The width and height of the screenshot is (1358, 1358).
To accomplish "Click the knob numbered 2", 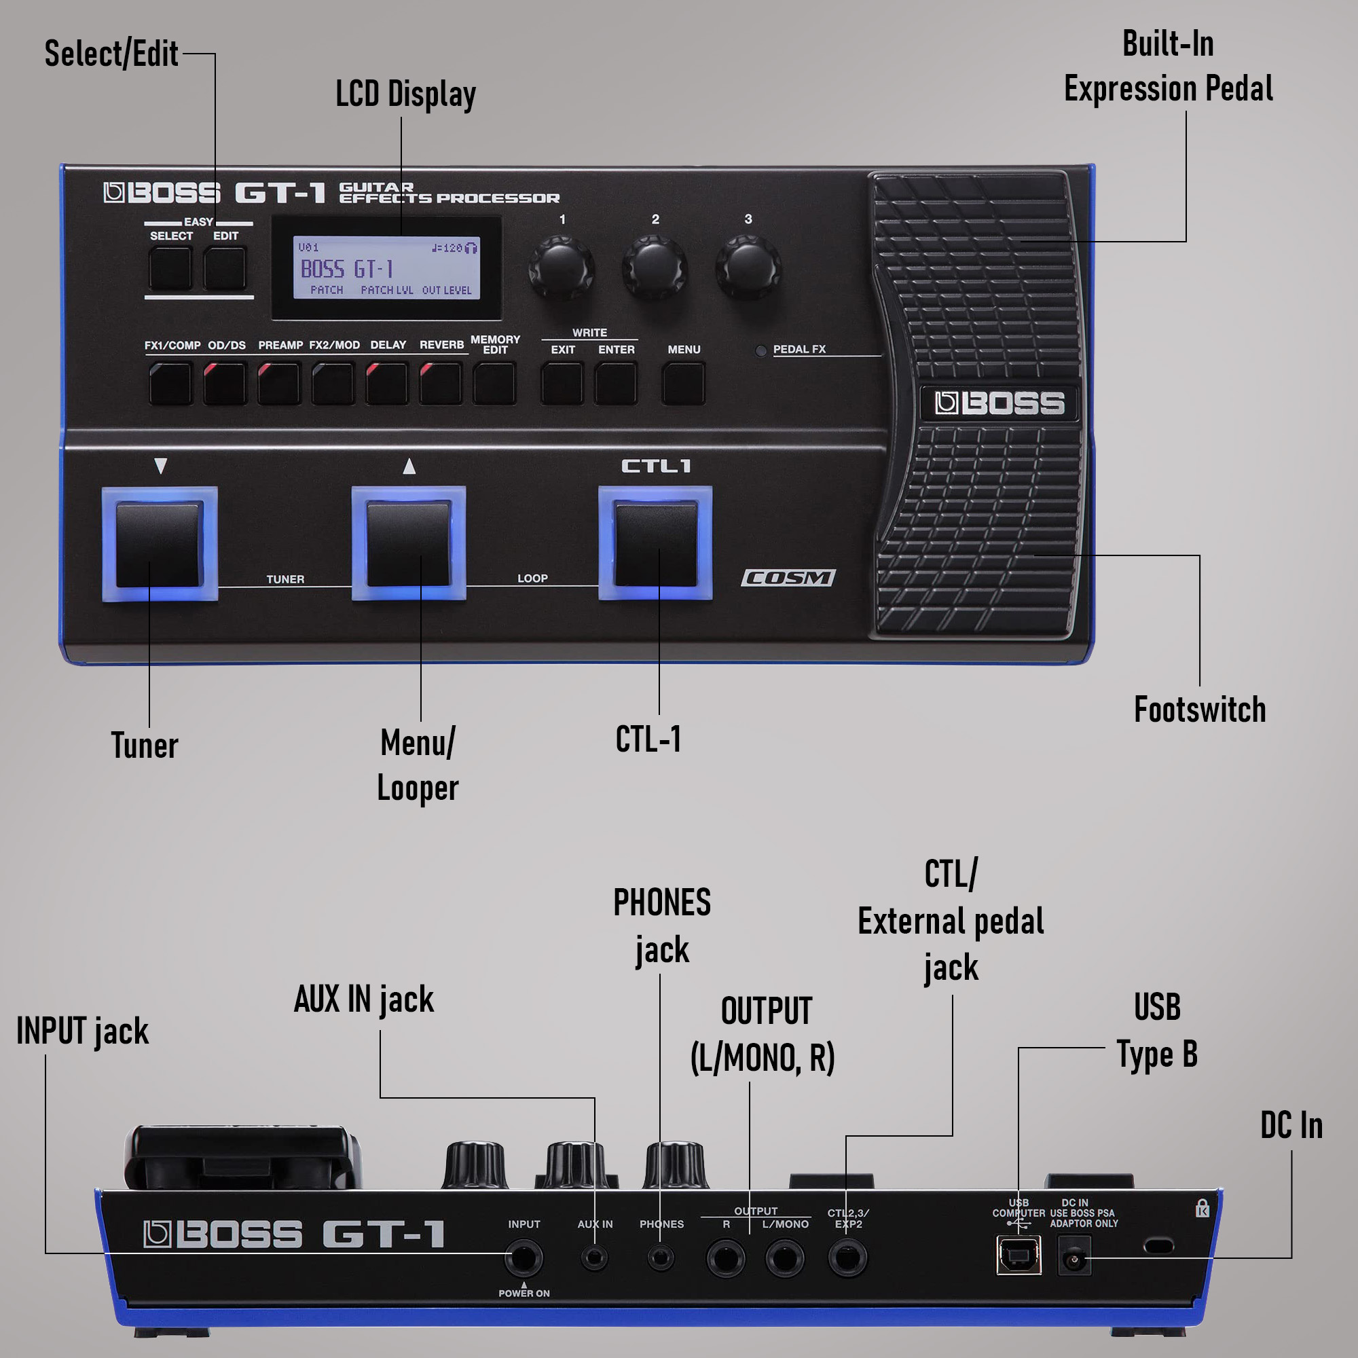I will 655,268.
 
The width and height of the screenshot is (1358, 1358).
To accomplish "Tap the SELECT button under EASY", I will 170,268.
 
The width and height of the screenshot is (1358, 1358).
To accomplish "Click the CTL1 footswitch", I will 655,543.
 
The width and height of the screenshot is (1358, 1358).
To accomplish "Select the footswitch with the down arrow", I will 160,544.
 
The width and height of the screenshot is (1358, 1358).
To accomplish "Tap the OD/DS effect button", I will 225,383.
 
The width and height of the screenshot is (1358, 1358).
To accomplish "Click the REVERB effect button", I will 441,383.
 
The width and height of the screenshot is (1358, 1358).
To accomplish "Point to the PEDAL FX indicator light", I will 760,350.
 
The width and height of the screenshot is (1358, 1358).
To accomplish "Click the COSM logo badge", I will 788,578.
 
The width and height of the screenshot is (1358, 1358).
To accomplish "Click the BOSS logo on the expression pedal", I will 999,403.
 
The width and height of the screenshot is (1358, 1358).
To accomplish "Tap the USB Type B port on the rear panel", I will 1018,1255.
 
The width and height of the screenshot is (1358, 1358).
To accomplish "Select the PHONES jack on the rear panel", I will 660,1257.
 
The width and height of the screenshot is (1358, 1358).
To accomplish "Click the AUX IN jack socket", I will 595,1257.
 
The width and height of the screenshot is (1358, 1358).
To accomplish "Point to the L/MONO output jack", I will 784,1258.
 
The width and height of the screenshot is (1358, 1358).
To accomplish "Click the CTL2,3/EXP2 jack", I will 847,1258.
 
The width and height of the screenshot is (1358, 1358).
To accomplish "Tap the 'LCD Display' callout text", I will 405,95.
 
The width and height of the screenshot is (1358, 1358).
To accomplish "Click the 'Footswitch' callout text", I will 1199,710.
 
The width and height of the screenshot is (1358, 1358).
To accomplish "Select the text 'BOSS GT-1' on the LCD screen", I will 346,269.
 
